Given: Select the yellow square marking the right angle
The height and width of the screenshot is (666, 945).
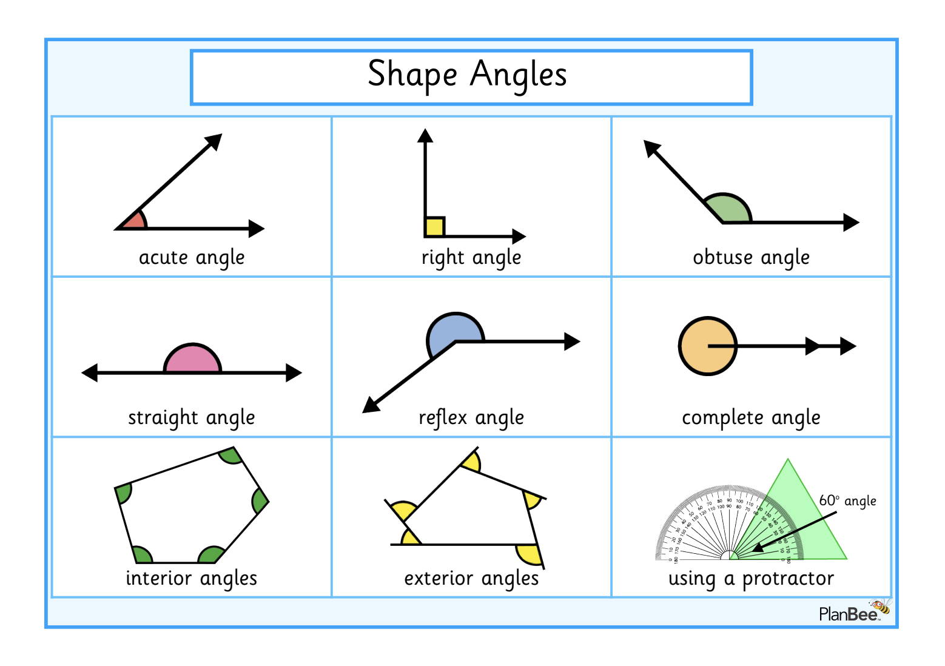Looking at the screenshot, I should [x=434, y=227].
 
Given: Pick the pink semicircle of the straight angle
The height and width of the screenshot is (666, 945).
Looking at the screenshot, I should [x=192, y=360].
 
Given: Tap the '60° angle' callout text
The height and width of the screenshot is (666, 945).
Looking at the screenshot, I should [x=847, y=501].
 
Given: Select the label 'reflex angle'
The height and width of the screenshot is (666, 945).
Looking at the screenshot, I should [x=471, y=418].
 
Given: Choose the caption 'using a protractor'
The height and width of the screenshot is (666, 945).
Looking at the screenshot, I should [x=751, y=579].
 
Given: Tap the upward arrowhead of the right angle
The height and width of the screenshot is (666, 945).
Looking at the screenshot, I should [x=425, y=136].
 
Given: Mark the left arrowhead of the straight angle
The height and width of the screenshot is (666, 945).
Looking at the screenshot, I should [x=90, y=372].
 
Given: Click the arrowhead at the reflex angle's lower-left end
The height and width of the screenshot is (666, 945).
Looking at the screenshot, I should [x=370, y=405].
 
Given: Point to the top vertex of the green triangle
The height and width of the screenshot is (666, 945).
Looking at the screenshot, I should [x=788, y=460].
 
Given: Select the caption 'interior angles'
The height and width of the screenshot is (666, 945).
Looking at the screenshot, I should [x=191, y=579].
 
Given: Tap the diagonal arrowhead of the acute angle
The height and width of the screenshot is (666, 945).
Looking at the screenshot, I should [x=215, y=141].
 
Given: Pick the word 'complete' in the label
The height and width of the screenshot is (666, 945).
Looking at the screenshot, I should [x=722, y=418].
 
